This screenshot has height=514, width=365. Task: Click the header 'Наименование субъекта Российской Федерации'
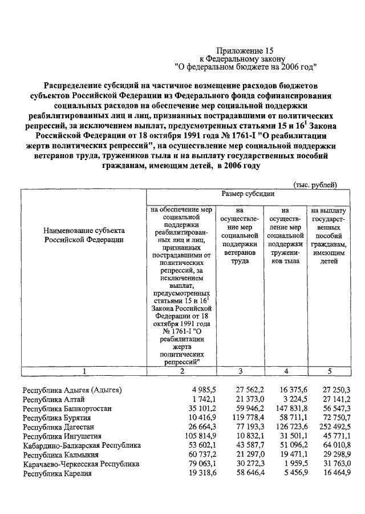84,235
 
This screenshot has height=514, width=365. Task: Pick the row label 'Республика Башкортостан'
67,408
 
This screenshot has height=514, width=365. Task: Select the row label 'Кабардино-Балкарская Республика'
82,445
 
